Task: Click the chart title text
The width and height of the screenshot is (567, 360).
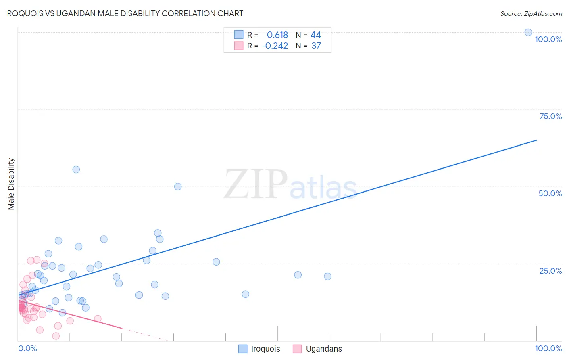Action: click(124, 13)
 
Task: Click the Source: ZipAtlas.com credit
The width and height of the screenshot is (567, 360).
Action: click(531, 13)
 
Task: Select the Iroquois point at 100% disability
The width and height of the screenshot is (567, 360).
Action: click(528, 32)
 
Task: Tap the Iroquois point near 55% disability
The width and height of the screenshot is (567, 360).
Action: click(76, 170)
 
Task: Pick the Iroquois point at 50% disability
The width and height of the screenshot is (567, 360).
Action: click(178, 186)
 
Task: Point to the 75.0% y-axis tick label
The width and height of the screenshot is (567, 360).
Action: click(550, 116)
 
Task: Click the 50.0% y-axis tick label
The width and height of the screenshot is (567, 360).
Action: click(550, 193)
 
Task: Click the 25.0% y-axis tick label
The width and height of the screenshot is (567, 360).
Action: click(550, 271)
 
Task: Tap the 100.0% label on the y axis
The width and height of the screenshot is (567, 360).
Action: click(548, 39)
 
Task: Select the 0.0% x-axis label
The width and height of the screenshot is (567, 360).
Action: click(28, 348)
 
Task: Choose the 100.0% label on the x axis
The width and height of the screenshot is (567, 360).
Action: click(548, 348)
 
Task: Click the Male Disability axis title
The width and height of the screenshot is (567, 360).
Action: click(11, 184)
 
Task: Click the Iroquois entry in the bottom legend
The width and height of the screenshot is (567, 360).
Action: click(265, 349)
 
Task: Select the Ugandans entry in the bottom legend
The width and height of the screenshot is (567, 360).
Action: click(323, 349)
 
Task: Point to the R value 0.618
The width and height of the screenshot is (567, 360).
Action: click(277, 35)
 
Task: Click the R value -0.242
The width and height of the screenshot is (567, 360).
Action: click(275, 46)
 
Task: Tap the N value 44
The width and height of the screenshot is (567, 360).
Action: click(316, 35)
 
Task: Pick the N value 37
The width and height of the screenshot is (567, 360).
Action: click(316, 46)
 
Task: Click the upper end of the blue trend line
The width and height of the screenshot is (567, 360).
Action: click(536, 140)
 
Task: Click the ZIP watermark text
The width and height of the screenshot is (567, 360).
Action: click(256, 185)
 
